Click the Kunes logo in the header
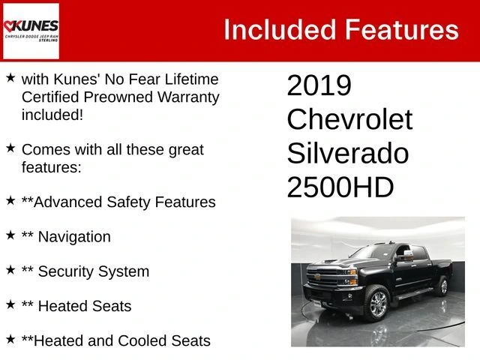pyautogui.click(x=31, y=31)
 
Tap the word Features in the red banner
pyautogui.click(x=402, y=30)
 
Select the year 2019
pyautogui.click(x=319, y=85)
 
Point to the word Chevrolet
pyautogui.click(x=349, y=119)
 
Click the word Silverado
pyautogui.click(x=348, y=153)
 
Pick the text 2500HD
pyautogui.click(x=340, y=187)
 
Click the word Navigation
pyautogui.click(x=74, y=237)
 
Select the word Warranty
pyautogui.click(x=188, y=97)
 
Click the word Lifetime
pyautogui.click(x=192, y=79)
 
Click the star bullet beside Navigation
pyautogui.click(x=10, y=235)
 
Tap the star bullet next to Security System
pyautogui.click(x=10, y=270)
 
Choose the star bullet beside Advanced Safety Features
pyautogui.click(x=10, y=200)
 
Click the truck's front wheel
pyautogui.click(x=378, y=304)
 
